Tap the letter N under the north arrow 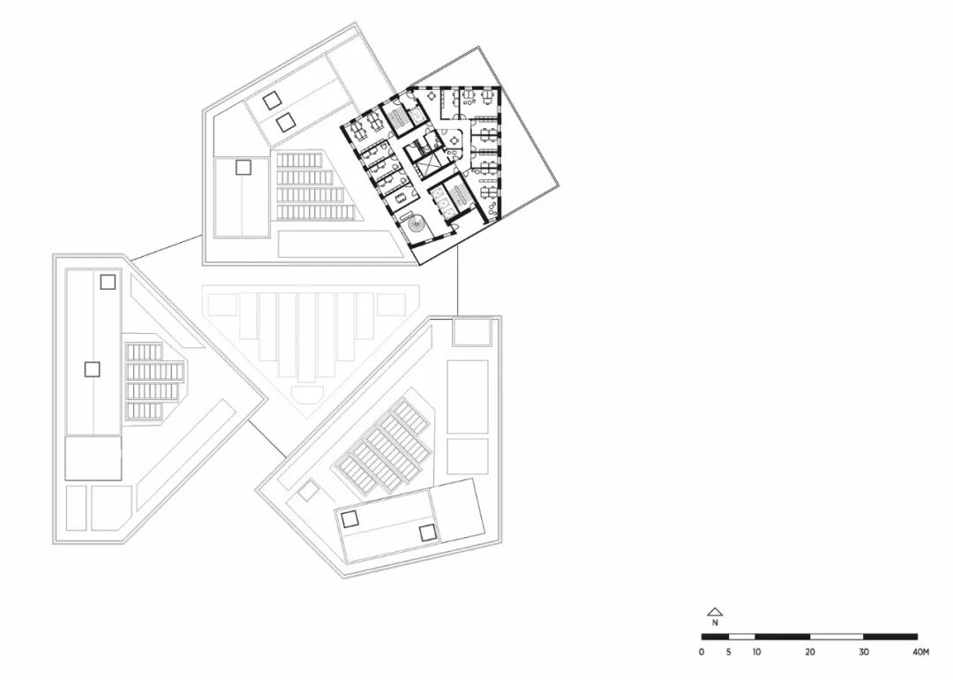(716, 622)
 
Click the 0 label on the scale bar (702, 653)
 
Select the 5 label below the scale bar (729, 653)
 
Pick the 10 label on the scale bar (756, 653)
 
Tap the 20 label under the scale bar (810, 653)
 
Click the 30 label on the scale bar (864, 653)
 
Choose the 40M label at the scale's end (920, 653)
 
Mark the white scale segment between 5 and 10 (742, 636)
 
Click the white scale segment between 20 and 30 (837, 636)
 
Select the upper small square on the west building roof (108, 283)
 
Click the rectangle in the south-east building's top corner (470, 332)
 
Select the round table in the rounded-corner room (455, 139)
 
